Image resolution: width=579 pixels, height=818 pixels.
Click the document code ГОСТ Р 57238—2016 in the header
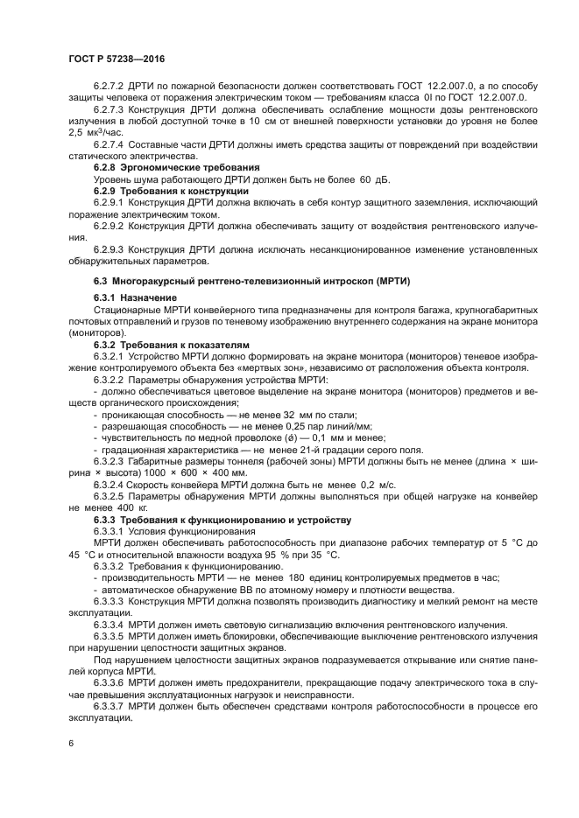[x=117, y=58]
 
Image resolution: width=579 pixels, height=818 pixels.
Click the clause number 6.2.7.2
[x=109, y=85]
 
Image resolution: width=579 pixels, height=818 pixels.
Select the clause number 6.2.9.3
[x=109, y=249]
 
